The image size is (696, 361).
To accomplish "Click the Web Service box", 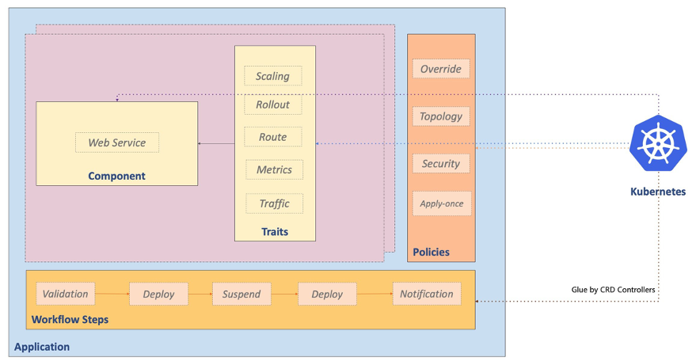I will pos(117,142).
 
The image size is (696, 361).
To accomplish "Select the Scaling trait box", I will pos(272,77).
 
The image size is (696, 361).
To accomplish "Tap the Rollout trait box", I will pos(272,104).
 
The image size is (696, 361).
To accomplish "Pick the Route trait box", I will pos(272,137).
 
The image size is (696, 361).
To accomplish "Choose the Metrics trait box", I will pos(274,169).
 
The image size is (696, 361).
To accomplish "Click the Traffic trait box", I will pos(274,203).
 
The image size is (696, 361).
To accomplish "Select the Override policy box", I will pos(441,69).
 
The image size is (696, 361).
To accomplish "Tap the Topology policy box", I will pos(441,116).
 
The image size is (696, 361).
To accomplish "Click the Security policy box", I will pos(441,164).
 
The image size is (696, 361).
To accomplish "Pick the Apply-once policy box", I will pos(441,203).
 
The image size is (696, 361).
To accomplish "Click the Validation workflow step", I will pos(65,294).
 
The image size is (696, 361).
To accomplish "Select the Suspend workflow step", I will pos(241,294).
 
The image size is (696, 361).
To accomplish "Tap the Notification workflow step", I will pos(426,294).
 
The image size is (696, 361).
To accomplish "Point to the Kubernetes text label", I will pos(658,192).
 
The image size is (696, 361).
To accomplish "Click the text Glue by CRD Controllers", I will pos(613,290).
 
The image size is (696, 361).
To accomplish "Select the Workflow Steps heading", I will pos(70,320).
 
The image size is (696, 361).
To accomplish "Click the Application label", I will pos(42,347).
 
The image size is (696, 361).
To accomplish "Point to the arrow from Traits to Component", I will pos(216,143).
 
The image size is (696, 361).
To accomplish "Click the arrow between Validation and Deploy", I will pos(112,294).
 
